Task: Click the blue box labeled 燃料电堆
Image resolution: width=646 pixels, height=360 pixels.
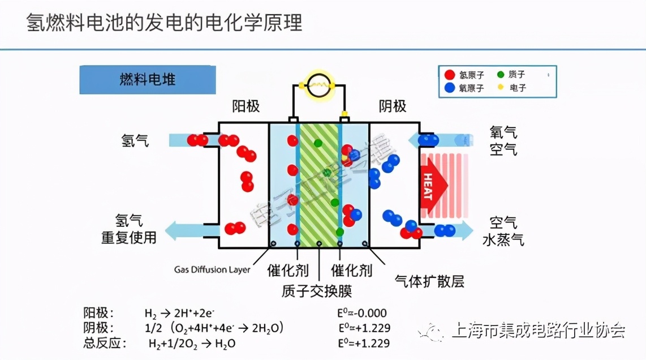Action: tap(147, 80)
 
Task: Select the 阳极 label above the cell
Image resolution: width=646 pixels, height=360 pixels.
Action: tap(246, 106)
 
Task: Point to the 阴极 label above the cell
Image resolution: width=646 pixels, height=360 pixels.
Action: tap(393, 106)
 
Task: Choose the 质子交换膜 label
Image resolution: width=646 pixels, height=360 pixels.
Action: tap(317, 291)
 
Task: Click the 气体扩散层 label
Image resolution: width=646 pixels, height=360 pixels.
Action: tap(429, 281)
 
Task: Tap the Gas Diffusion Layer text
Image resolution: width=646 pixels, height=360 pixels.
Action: tap(212, 269)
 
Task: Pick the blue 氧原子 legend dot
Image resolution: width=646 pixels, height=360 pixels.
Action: tap(450, 88)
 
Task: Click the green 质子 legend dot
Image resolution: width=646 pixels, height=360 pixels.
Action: tap(500, 74)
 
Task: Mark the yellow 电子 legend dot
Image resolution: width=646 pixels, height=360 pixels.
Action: tap(500, 87)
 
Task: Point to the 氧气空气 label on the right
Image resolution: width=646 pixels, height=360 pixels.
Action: tap(503, 141)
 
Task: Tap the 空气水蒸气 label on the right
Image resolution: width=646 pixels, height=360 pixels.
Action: tap(503, 232)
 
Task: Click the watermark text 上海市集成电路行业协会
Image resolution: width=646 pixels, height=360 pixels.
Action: tap(538, 331)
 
